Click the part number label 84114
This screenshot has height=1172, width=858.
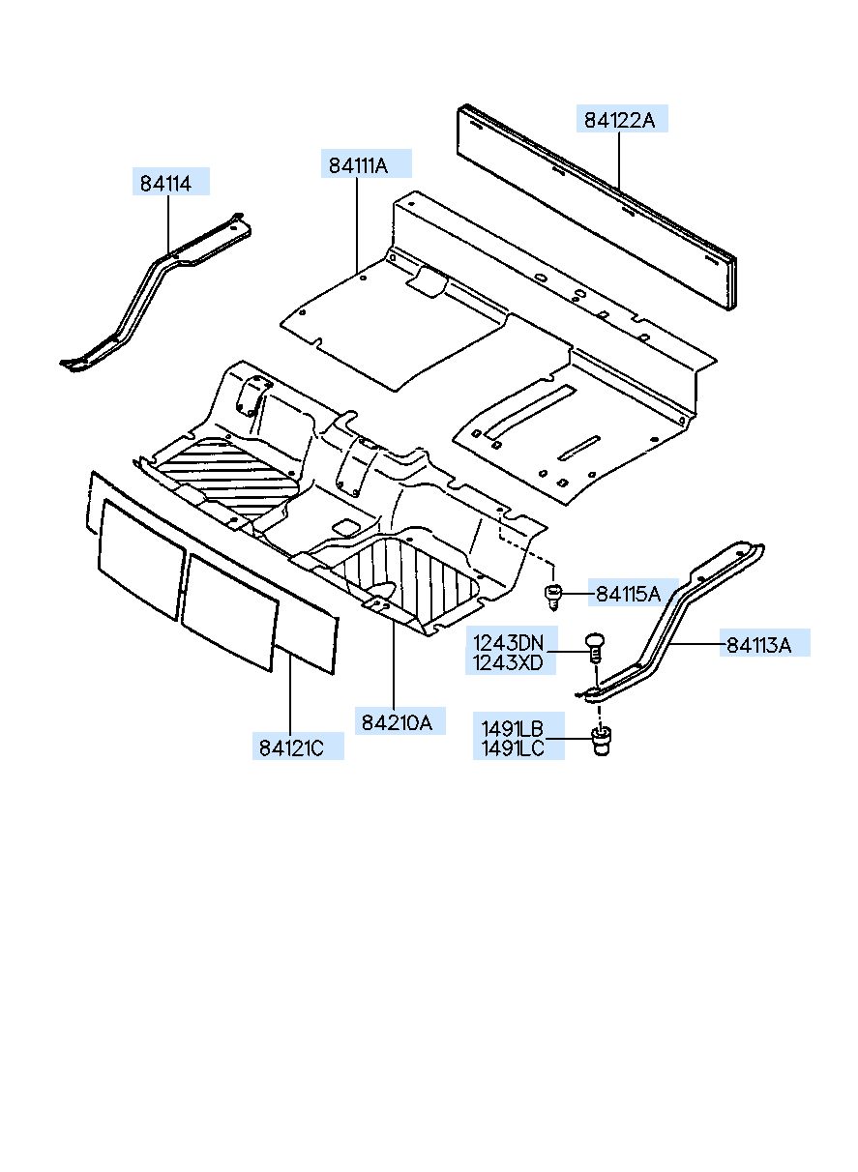pos(170,182)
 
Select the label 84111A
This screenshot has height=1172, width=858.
pos(367,165)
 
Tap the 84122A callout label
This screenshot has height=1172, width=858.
pos(619,120)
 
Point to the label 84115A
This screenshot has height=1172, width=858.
pos(628,594)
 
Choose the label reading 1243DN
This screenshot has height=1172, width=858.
pos(508,643)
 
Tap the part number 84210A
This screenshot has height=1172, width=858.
pos(397,721)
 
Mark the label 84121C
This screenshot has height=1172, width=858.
pos(300,747)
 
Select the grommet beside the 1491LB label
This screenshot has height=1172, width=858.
pos(604,742)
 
